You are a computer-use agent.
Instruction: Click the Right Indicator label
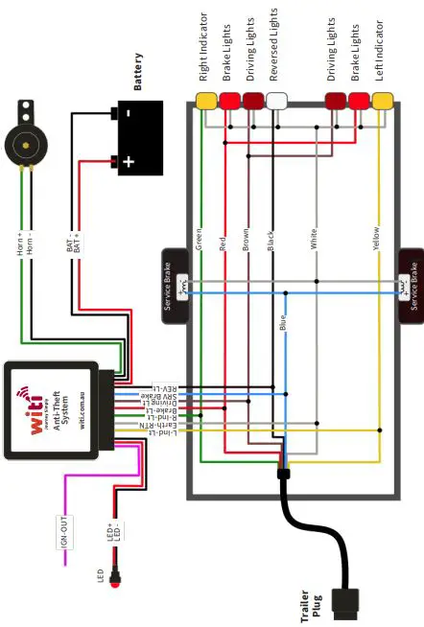[x=203, y=46]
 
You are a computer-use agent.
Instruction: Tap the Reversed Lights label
[x=276, y=47]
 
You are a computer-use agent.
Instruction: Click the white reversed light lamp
[x=277, y=100]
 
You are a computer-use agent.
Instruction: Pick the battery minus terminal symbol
[x=129, y=113]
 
